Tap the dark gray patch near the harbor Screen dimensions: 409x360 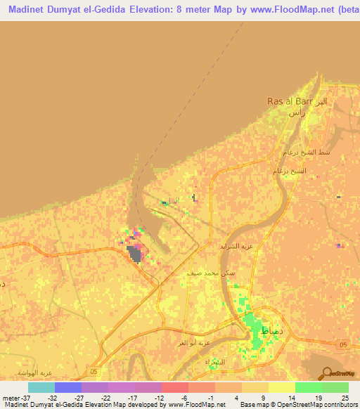133,253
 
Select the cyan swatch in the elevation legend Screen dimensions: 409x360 41,387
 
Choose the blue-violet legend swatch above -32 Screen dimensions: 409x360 68,387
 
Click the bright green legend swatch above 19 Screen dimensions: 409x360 309,387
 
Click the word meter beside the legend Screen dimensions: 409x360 11,397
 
